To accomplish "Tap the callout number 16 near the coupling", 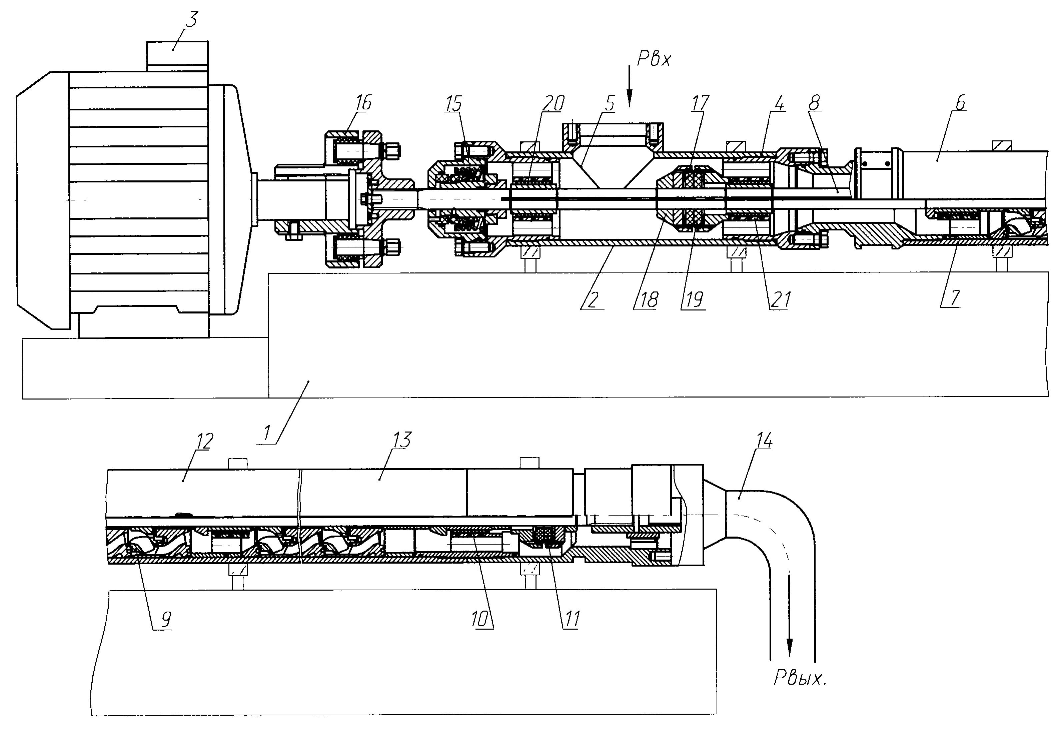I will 363,103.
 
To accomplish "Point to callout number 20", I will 553,103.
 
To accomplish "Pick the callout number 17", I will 700,103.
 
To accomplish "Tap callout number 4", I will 779,103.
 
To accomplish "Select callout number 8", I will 814,103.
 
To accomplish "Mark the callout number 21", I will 780,300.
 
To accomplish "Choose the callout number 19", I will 694,300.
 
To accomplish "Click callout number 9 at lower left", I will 166,620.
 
